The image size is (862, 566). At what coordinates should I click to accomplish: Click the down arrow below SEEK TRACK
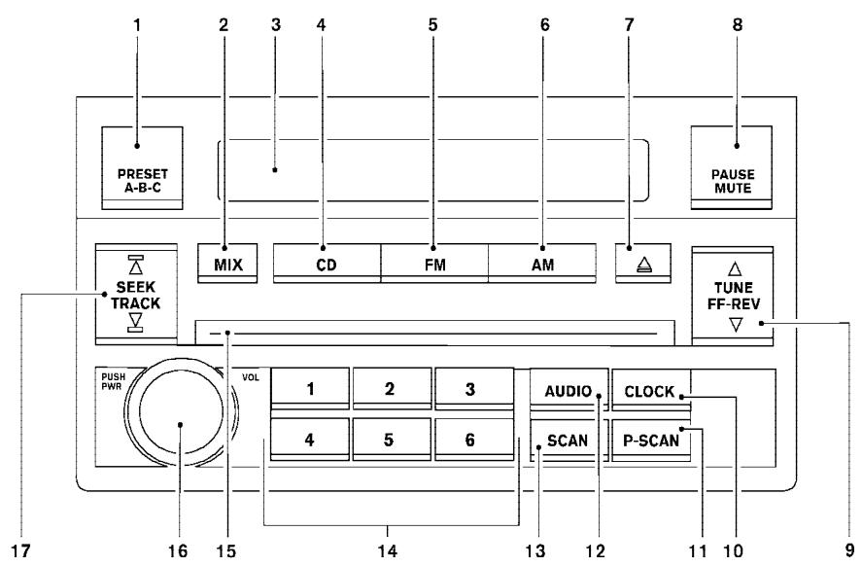[x=136, y=323]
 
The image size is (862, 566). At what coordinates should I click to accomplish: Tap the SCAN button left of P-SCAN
[x=567, y=440]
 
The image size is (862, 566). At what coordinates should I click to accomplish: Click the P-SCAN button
[x=650, y=440]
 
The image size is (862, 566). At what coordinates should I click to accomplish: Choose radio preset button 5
[x=390, y=439]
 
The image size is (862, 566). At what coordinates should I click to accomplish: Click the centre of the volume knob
[x=182, y=425]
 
